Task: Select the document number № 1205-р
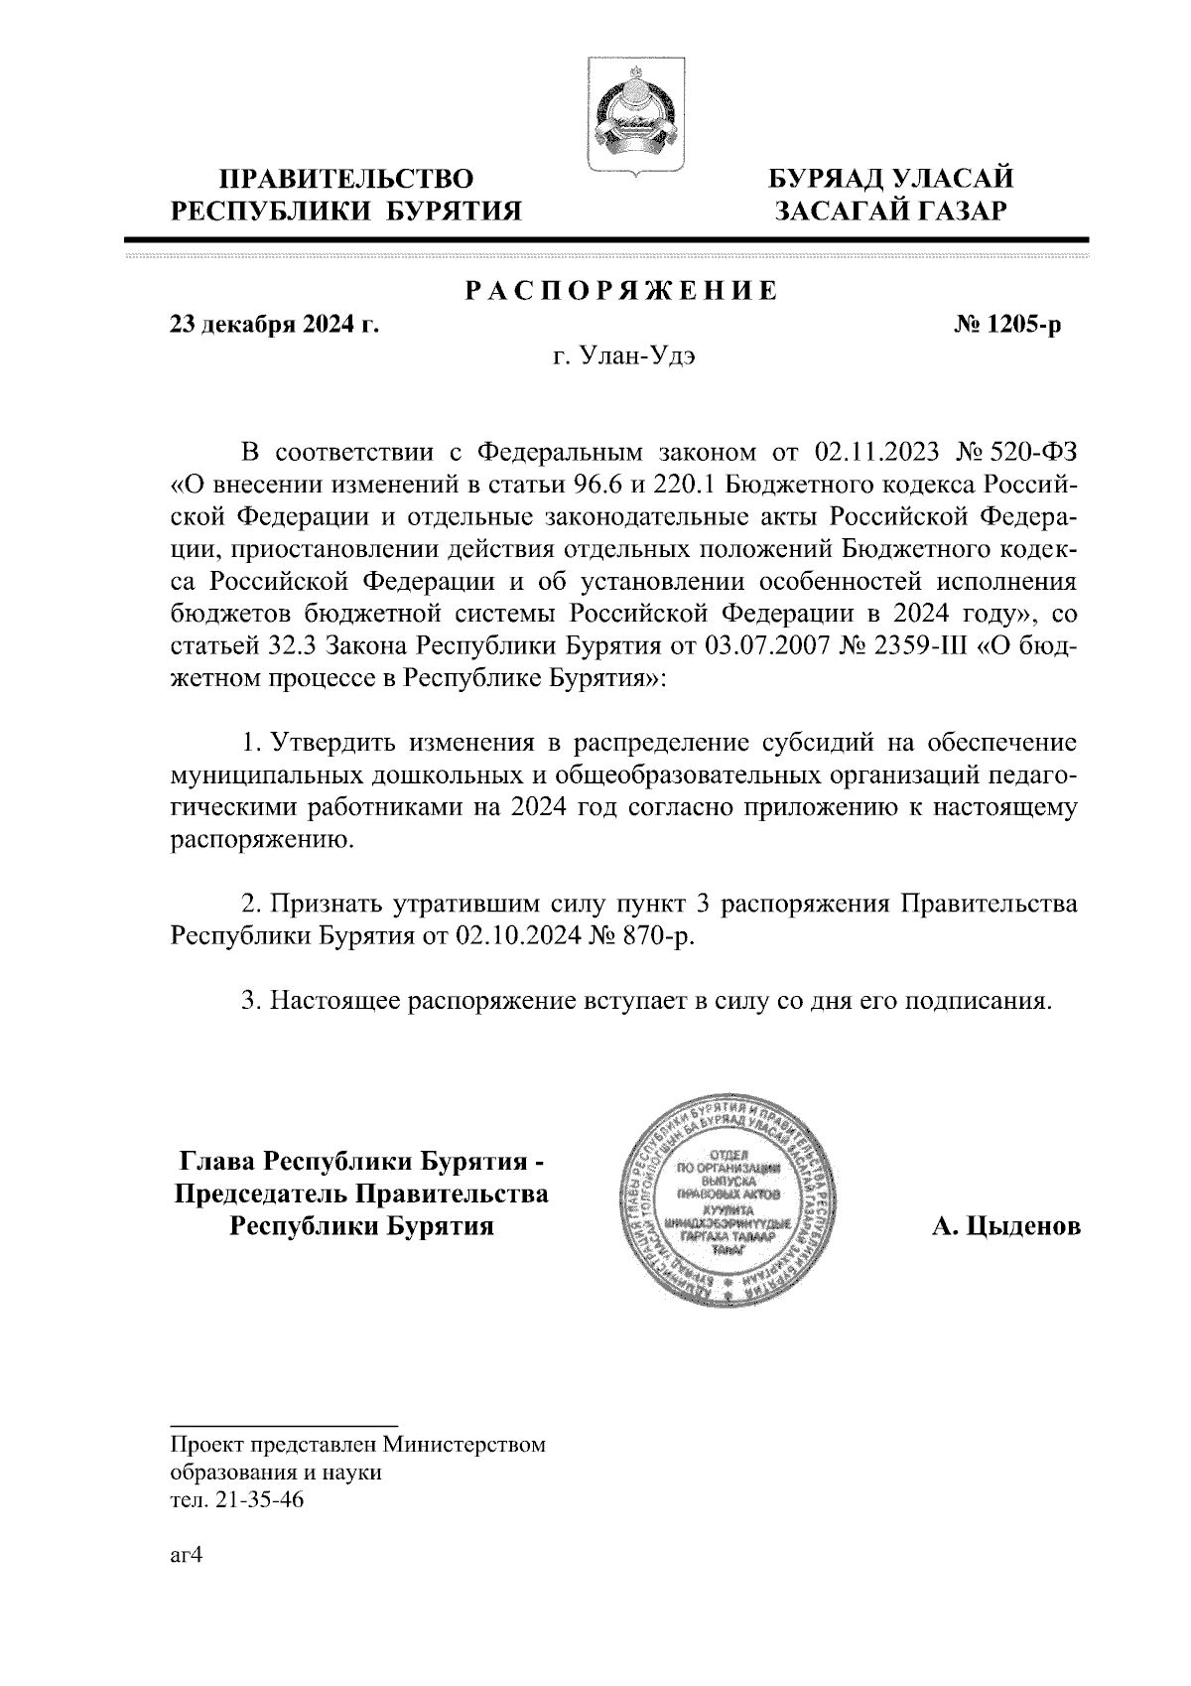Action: click(1005, 326)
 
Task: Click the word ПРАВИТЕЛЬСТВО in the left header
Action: click(346, 180)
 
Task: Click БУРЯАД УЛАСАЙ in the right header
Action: click(892, 180)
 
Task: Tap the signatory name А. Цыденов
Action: click(1005, 1227)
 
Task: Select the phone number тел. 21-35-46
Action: click(237, 1500)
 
